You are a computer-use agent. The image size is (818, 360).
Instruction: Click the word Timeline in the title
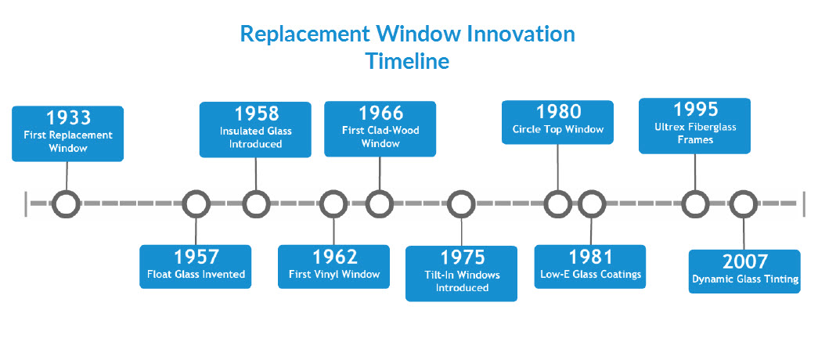(407, 61)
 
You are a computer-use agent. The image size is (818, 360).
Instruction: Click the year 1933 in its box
(68, 118)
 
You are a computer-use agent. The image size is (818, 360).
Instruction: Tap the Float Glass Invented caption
(196, 275)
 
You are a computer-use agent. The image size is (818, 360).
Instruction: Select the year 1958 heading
(255, 113)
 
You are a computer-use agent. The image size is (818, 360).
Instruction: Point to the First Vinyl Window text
(334, 275)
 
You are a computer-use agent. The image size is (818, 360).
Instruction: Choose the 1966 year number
(380, 113)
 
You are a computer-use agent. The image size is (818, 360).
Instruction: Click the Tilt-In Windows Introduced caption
(461, 281)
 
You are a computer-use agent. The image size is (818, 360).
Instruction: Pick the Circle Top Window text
(557, 129)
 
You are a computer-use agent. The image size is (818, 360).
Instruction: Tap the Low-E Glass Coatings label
(590, 275)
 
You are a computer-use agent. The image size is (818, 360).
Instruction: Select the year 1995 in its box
(695, 110)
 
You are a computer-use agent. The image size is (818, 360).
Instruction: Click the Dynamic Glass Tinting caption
(744, 279)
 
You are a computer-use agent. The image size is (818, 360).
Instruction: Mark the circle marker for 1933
(67, 203)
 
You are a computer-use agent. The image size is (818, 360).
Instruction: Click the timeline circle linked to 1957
(196, 203)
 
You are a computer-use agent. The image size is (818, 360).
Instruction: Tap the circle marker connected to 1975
(462, 203)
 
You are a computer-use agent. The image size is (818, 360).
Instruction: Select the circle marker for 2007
(744, 203)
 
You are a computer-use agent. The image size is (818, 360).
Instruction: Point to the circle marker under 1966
(380, 203)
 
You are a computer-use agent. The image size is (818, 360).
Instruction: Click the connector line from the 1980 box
(557, 166)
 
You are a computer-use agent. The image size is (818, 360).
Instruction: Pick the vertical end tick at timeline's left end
(26, 203)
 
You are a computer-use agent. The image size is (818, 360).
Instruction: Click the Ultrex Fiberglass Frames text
(695, 133)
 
